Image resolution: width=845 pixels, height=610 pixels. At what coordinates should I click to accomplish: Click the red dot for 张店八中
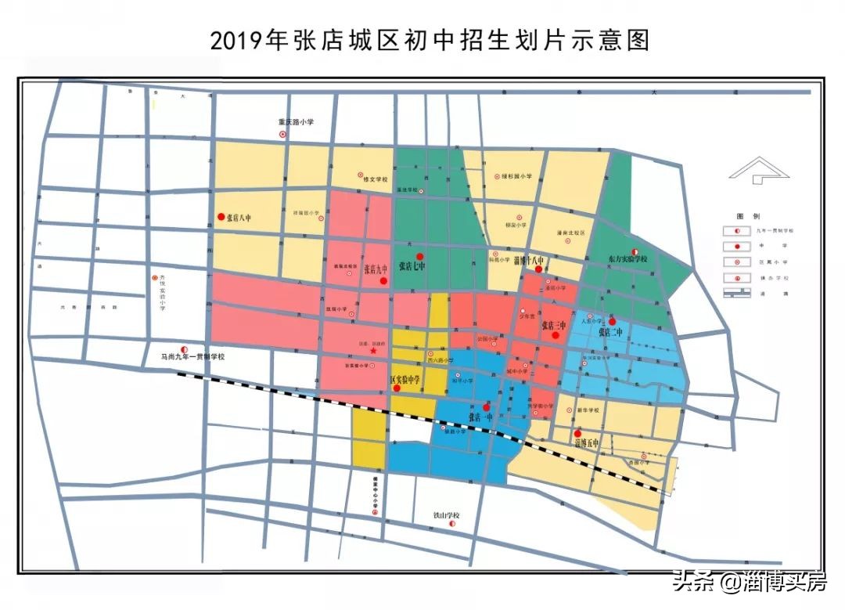(221, 217)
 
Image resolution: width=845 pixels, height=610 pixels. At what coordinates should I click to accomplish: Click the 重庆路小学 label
(297, 122)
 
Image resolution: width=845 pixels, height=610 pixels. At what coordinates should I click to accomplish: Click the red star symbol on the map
(373, 352)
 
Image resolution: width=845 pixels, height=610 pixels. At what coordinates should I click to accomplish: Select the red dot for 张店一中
(487, 407)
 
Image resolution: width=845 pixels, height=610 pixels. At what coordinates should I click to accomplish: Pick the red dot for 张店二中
(613, 322)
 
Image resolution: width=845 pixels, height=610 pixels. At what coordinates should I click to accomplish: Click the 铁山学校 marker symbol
(451, 525)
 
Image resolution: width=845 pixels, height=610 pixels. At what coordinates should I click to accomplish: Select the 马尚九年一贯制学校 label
(192, 356)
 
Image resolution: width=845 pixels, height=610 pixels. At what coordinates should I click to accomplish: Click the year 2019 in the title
(238, 41)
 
